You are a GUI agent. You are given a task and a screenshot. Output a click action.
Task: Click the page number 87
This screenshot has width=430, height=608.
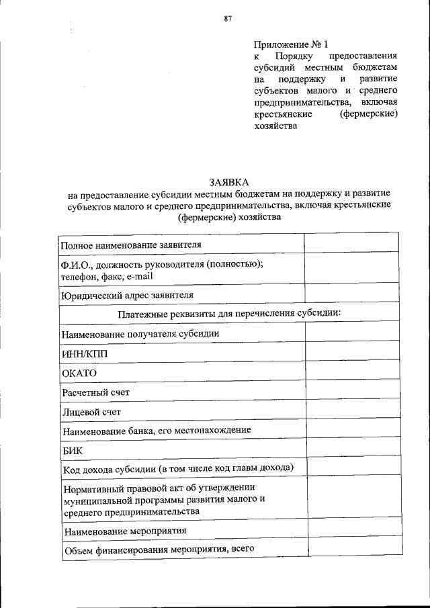(x=228, y=19)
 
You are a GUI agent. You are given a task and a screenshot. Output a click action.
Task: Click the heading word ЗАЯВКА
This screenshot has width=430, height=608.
(x=228, y=183)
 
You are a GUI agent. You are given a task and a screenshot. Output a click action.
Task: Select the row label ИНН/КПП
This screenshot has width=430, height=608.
(x=84, y=353)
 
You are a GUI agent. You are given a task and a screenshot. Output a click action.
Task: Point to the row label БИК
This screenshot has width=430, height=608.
(x=73, y=450)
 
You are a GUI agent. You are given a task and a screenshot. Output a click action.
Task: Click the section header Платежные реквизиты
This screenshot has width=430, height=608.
(x=229, y=314)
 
